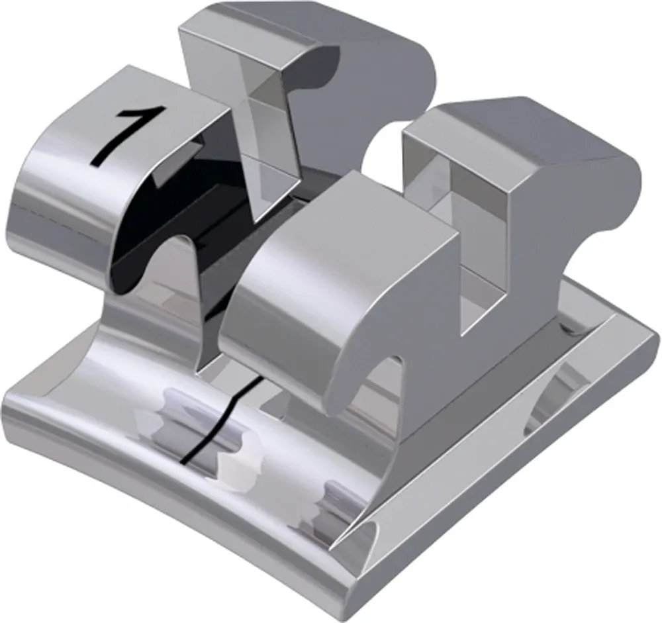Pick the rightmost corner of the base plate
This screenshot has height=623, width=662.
[652, 344]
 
